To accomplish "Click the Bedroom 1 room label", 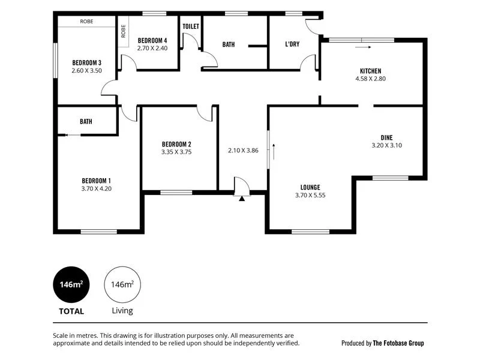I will (x=97, y=181).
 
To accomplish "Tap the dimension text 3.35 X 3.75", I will (x=176, y=152).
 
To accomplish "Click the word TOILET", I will (x=191, y=26).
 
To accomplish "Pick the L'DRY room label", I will (x=293, y=44).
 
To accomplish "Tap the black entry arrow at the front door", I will (x=242, y=198).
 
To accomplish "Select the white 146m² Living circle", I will (x=122, y=284).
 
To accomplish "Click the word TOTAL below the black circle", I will (x=71, y=311).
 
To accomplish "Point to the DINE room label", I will (x=386, y=137).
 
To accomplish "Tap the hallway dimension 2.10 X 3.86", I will (x=243, y=151).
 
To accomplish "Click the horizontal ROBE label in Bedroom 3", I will (x=86, y=22).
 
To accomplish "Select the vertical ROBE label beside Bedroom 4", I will (x=124, y=31).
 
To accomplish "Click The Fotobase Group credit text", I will (x=398, y=343).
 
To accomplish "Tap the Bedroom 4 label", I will (x=152, y=41).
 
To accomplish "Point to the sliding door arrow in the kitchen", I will (x=362, y=46).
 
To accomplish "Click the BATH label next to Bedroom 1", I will (x=86, y=121).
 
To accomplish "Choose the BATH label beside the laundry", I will (x=229, y=44).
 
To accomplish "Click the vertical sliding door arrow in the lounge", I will (x=273, y=151).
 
